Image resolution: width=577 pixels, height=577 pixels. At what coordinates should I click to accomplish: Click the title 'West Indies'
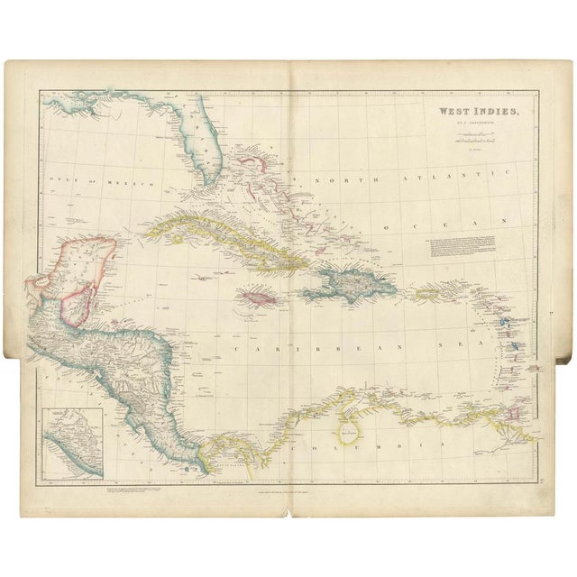point(467,112)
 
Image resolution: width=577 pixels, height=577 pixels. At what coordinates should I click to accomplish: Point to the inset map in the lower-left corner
point(73,442)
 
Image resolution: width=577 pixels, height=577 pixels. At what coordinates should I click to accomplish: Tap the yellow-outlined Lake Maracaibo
point(346,431)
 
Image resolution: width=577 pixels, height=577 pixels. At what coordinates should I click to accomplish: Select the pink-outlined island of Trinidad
point(517,411)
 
